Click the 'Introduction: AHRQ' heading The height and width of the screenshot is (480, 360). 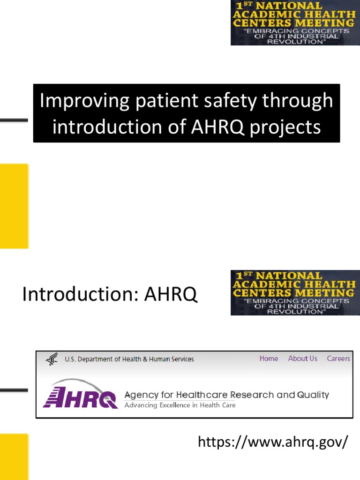(110, 294)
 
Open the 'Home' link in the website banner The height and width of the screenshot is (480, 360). (269, 359)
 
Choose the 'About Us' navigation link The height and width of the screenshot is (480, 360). (302, 359)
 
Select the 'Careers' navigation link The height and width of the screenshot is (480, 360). (338, 359)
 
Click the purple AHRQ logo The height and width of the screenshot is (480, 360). (81, 395)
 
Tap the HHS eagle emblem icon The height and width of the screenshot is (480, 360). (52, 360)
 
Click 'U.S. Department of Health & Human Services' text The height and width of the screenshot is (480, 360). (129, 360)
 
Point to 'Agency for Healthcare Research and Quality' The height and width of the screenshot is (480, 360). (227, 395)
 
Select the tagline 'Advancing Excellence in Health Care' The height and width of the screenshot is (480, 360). (180, 405)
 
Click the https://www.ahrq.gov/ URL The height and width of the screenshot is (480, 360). (273, 442)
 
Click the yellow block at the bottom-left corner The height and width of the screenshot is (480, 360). (14, 457)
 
